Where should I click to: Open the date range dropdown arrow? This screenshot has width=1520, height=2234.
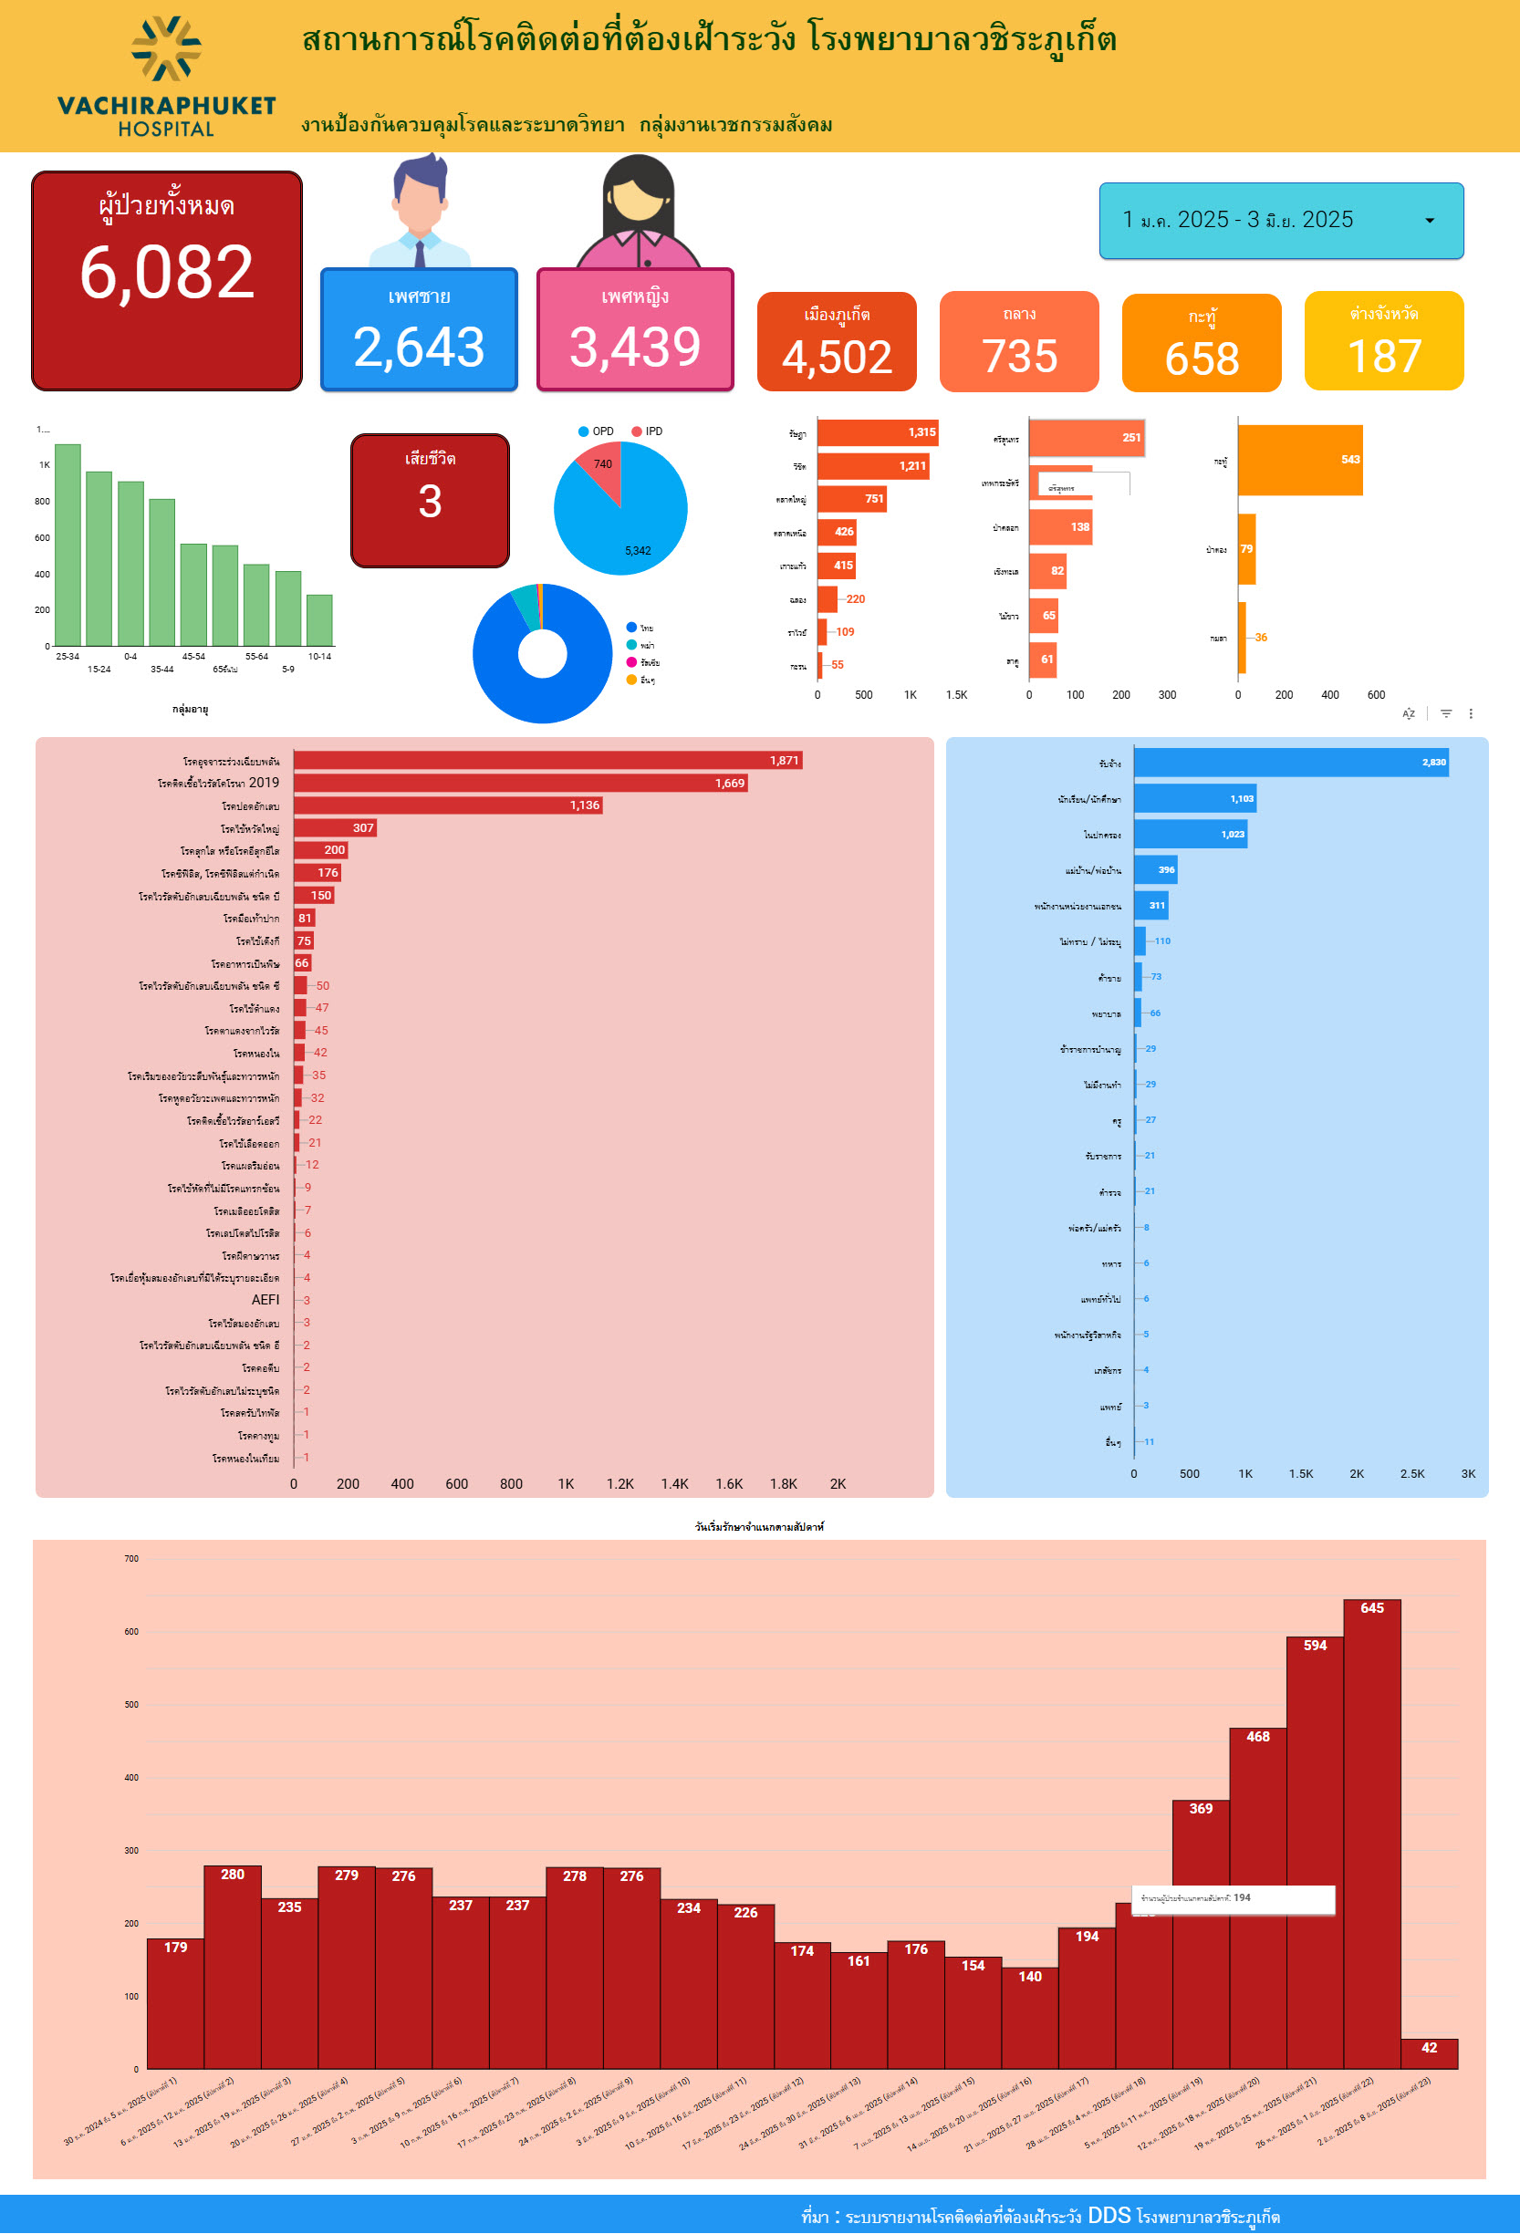1429,221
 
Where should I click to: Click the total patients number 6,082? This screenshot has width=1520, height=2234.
166,272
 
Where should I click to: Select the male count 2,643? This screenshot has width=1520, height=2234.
418,347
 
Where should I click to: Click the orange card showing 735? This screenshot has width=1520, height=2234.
1018,342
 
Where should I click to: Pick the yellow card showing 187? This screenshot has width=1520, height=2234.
1383,342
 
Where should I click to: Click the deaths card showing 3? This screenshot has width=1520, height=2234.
430,500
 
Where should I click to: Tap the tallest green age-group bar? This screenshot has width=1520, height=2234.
68,544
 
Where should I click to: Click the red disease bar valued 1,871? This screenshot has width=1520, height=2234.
547,761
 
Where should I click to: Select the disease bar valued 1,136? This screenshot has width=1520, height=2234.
447,805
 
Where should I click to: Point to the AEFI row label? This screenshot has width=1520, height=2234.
265,1300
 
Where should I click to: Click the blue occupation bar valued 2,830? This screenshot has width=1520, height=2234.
1289,763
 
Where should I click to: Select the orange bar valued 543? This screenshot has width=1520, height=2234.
1299,461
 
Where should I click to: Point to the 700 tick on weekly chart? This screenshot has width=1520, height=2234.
130,1558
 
